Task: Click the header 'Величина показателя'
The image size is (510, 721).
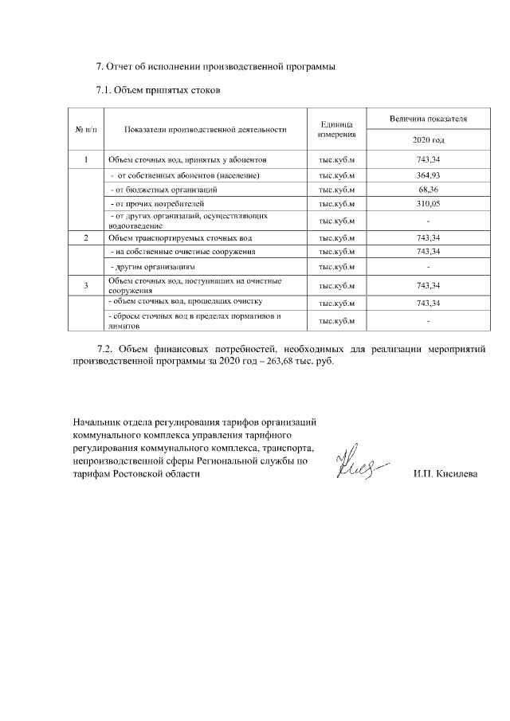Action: tap(428, 119)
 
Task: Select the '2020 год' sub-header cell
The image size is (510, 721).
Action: tap(428, 139)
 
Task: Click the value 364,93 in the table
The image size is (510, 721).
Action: tap(428, 174)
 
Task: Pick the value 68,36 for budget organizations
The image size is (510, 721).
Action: tap(428, 190)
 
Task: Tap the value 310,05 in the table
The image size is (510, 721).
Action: tap(428, 204)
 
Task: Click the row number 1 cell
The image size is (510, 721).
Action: tap(85, 160)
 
